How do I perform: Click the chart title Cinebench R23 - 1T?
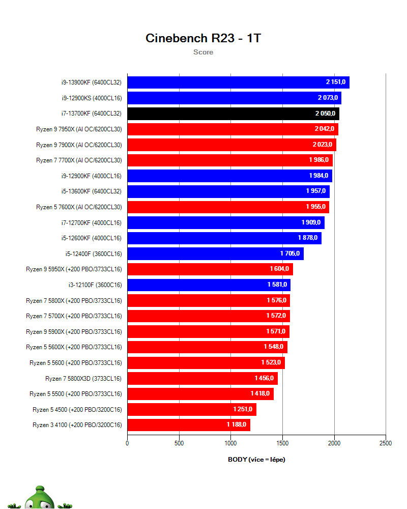click(203, 38)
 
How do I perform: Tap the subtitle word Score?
click(203, 52)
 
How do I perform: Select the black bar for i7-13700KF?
click(233, 114)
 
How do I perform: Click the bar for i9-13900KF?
click(238, 82)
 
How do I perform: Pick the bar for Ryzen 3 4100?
click(188, 425)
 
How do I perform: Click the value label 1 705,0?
click(290, 253)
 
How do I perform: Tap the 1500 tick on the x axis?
click(282, 443)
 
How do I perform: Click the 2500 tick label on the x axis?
click(386, 443)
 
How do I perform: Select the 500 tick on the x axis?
click(179, 443)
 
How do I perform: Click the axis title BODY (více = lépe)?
click(256, 459)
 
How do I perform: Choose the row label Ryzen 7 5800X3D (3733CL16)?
click(83, 378)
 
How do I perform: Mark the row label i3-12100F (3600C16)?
click(92, 285)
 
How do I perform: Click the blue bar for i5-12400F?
click(215, 253)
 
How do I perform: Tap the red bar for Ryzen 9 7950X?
click(232, 129)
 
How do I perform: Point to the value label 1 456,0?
click(264, 378)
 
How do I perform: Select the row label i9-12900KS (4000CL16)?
click(91, 98)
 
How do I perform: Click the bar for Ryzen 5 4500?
click(191, 409)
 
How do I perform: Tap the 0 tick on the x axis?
click(127, 443)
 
